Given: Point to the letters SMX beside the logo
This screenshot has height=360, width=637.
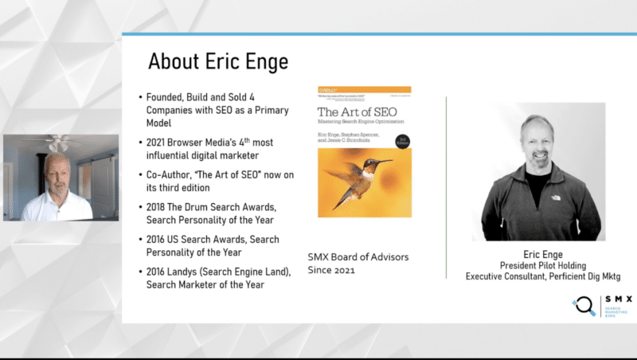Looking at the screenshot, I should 618,299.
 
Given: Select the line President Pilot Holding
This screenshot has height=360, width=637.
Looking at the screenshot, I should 544,264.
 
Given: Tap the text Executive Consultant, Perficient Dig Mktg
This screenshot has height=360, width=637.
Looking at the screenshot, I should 544,276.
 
